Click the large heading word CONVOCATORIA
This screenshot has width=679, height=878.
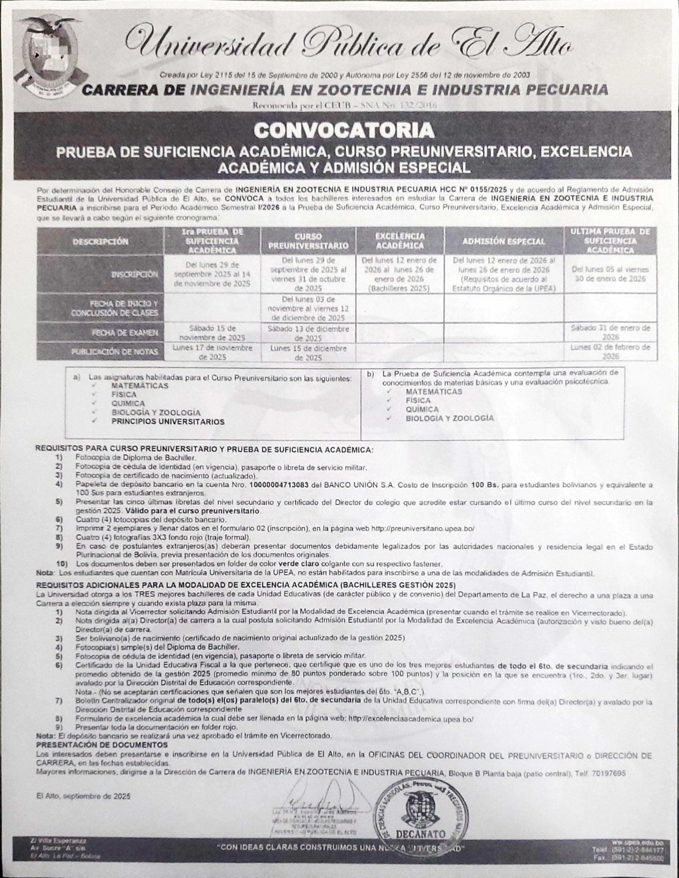[x=344, y=130]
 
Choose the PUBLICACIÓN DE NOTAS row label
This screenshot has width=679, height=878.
[x=114, y=352]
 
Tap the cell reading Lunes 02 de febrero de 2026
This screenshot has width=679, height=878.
[x=610, y=352]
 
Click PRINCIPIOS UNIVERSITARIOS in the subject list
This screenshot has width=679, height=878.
[x=168, y=422]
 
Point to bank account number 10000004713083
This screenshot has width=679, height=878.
[x=279, y=485]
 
